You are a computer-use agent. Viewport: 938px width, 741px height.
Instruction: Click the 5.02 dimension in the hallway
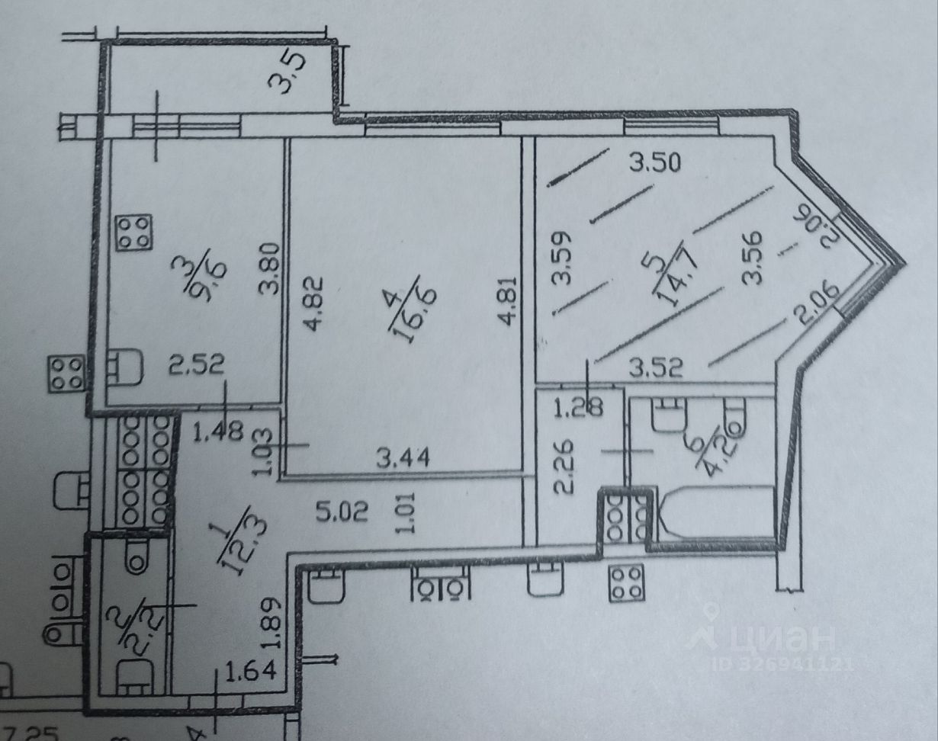[342, 510]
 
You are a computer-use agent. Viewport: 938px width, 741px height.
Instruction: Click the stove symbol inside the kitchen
[133, 233]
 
